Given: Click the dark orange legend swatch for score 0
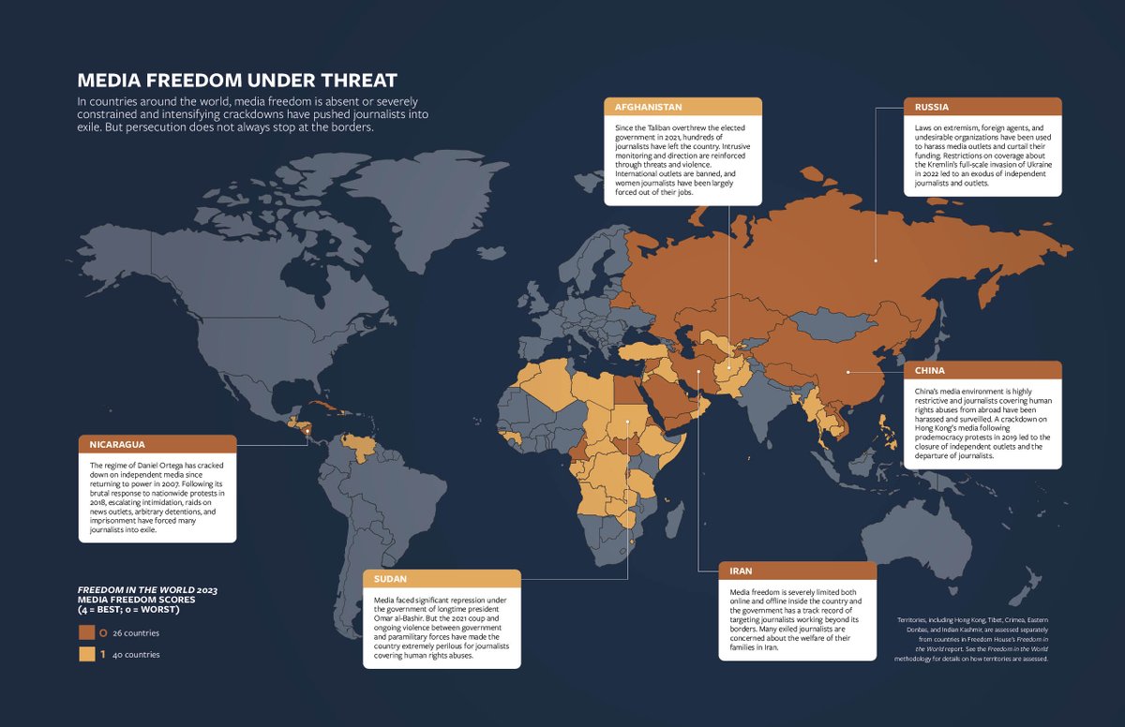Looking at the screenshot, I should pos(86,632).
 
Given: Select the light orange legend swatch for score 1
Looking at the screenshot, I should pos(86,654).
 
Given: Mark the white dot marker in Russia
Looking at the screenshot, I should pos(875,260).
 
